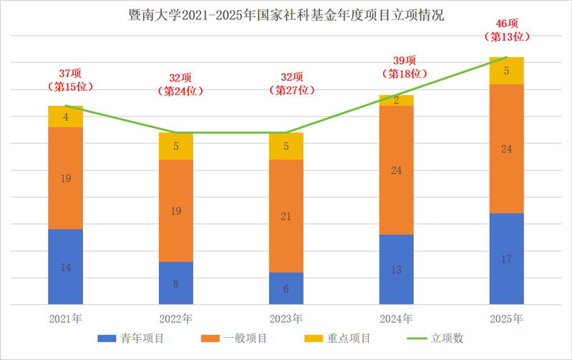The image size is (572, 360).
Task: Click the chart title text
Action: [286, 15]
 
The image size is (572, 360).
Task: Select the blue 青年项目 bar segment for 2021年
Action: [65, 267]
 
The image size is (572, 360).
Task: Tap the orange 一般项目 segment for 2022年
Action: [175, 210]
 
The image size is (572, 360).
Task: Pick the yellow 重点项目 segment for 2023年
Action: [286, 146]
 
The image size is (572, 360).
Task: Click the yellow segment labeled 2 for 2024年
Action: [396, 101]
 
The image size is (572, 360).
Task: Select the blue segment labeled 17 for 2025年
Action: [506, 258]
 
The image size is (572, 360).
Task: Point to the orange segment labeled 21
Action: [286, 215]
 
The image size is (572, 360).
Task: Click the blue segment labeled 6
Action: [286, 288]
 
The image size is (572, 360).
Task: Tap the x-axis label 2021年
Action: [65, 318]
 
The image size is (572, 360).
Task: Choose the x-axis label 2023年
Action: [286, 318]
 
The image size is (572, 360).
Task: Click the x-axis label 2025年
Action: [506, 318]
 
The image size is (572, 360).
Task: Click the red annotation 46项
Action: [506, 23]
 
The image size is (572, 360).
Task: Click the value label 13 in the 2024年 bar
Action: [396, 270]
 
